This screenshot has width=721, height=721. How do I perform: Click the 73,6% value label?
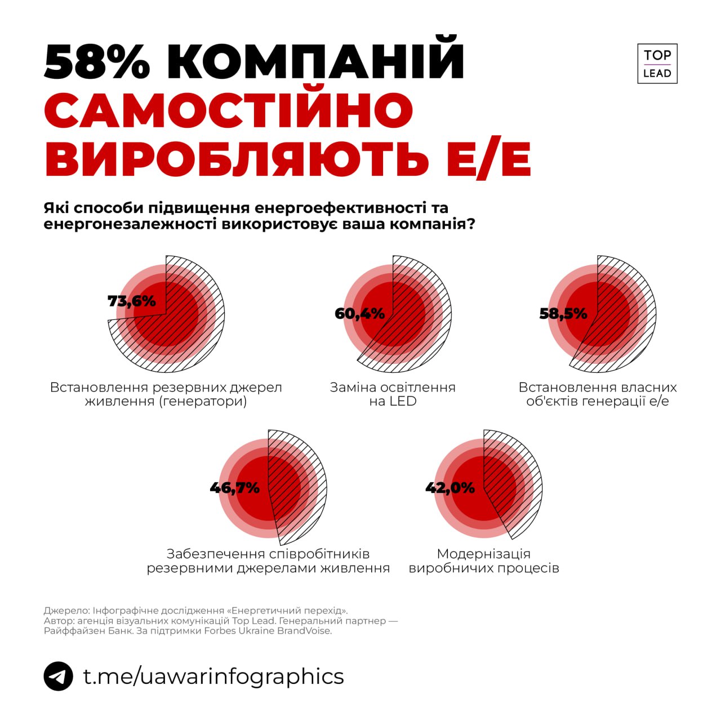point(131,301)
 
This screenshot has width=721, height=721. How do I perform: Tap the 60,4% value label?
point(359,313)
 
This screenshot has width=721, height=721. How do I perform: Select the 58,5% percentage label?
point(563,313)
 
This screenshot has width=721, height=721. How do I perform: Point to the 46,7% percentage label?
point(234,487)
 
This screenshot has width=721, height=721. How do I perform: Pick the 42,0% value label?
point(449,487)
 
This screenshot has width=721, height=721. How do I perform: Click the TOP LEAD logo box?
point(657,64)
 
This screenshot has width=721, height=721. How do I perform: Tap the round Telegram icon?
point(58,676)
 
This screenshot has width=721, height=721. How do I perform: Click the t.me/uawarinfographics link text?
point(213,676)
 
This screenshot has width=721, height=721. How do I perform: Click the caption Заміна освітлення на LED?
point(393,394)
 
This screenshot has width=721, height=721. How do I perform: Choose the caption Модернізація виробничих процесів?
point(483,560)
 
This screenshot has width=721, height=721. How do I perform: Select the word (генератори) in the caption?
point(203,402)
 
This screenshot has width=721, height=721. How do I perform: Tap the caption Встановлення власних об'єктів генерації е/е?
point(597,394)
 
